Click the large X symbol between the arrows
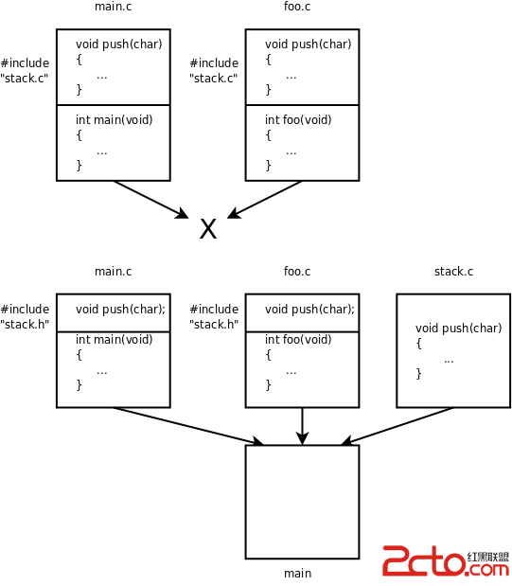click(208, 229)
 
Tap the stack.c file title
click(453, 272)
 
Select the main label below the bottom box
click(297, 574)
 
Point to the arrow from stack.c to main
click(397, 426)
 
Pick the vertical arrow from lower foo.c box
click(302, 426)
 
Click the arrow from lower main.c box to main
click(188, 426)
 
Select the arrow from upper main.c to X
click(151, 200)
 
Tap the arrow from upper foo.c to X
click(264, 200)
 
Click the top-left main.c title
click(114, 7)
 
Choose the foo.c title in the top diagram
click(297, 7)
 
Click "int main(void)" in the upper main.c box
click(115, 119)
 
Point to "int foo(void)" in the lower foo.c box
click(298, 339)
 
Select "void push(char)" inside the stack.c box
click(459, 328)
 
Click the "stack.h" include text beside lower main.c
click(25, 324)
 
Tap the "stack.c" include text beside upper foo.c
click(214, 79)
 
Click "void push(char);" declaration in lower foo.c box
click(309, 309)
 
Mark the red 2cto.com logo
click(446, 560)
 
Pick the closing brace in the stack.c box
click(418, 373)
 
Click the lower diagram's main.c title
click(114, 272)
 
